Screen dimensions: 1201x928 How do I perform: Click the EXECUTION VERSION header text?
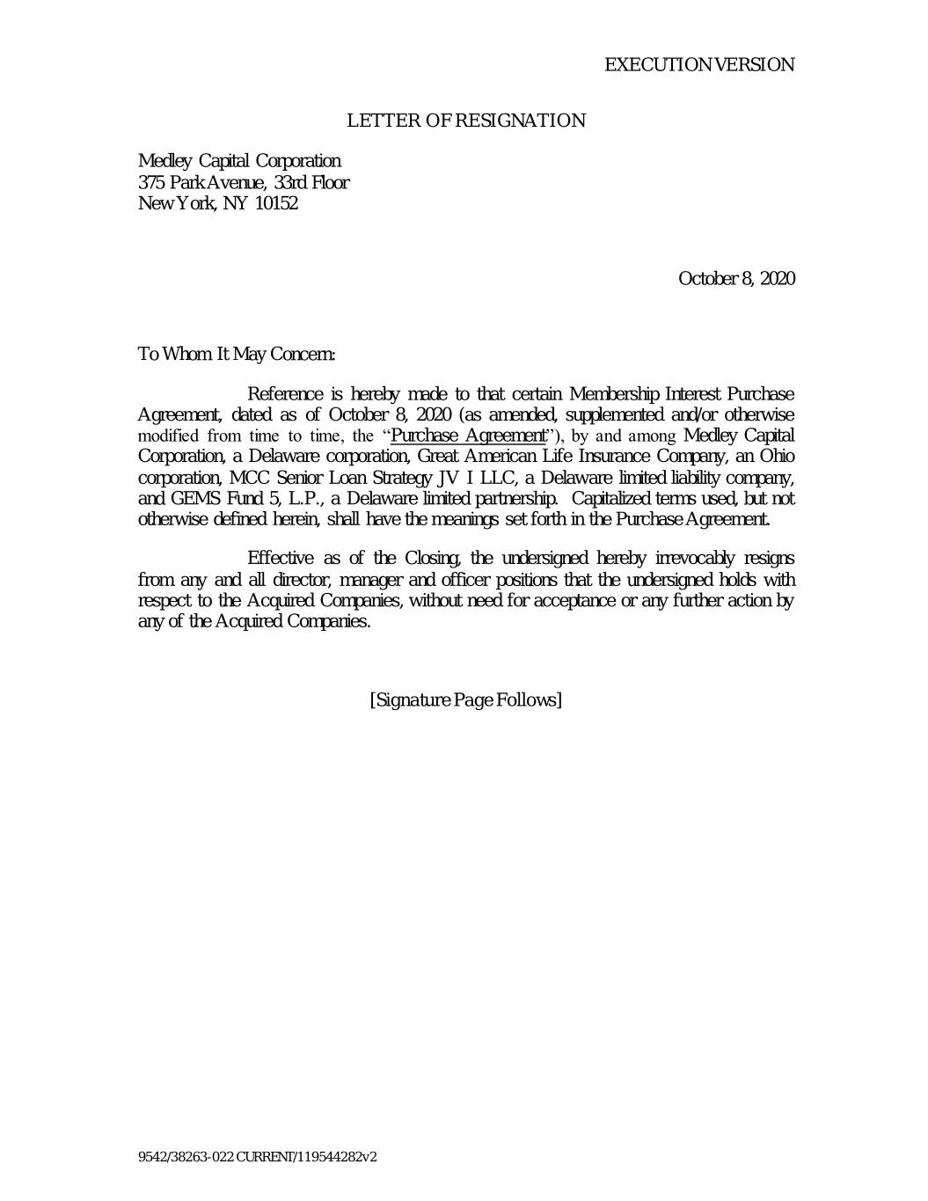pos(699,65)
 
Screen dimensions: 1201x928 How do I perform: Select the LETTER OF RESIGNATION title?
pos(466,121)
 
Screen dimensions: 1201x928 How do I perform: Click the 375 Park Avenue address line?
pos(243,183)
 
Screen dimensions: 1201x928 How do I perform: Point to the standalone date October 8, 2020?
pos(736,279)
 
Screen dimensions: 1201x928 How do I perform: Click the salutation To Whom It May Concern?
pos(237,355)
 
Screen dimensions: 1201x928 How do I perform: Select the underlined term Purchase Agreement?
pos(469,436)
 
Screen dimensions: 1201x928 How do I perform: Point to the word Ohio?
pos(777,457)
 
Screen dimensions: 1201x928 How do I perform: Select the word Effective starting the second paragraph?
pos(281,559)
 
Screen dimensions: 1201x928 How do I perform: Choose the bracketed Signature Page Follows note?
pos(465,700)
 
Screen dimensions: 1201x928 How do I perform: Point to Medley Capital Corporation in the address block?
pos(239,161)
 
